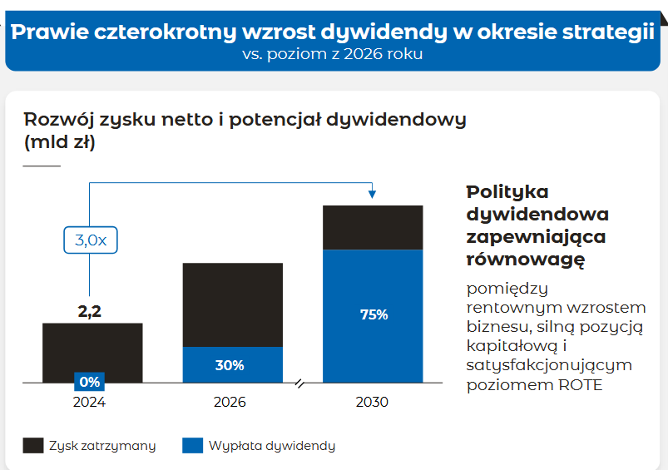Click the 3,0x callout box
(x=91, y=240)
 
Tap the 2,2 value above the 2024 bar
(x=90, y=312)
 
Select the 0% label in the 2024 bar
(x=90, y=382)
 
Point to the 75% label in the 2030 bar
(x=374, y=314)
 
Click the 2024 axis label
(x=90, y=402)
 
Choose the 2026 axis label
(x=230, y=402)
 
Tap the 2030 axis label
(x=372, y=402)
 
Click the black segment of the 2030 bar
(x=373, y=227)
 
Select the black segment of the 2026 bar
(x=232, y=304)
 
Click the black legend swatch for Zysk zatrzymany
(x=33, y=445)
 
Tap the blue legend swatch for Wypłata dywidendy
(x=192, y=445)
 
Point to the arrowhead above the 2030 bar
(x=372, y=195)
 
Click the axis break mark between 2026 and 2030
(x=301, y=383)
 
